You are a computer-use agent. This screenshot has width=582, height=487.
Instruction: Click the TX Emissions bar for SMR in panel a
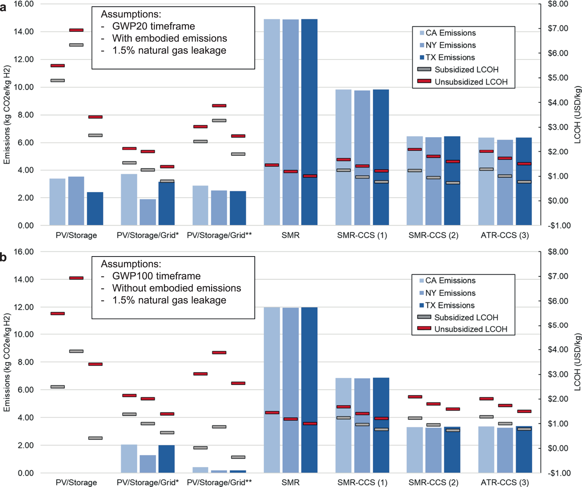309,122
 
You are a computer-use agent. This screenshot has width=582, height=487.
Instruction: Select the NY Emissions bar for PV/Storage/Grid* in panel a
148,212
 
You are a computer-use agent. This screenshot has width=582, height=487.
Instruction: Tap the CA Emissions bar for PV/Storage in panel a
57,202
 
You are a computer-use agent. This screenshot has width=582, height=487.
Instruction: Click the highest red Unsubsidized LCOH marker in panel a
76,30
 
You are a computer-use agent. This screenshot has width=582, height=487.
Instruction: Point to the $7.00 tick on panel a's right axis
558,28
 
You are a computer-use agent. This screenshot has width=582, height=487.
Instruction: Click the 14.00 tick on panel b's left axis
24,279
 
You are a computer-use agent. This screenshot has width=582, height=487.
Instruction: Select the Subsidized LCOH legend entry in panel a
466,69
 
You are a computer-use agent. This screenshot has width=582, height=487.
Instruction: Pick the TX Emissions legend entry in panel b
449,305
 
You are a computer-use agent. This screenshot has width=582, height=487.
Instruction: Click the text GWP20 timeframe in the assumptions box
153,26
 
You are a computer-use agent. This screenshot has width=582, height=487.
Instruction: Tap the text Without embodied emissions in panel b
176,288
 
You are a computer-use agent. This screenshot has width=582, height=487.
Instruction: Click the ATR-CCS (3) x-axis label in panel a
505,235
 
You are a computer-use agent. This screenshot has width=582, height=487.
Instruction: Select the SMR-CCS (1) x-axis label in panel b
362,482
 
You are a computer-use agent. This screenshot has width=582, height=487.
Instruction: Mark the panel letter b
3,257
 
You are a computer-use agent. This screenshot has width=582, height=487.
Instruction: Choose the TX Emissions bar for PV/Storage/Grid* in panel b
166,459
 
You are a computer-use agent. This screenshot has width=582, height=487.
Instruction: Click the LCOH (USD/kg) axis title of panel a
577,115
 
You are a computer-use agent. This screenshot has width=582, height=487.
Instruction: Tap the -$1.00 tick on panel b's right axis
559,473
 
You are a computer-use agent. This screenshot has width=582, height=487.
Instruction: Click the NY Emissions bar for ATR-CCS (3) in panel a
505,183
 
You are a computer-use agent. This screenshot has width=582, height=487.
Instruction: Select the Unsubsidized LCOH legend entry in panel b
470,329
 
